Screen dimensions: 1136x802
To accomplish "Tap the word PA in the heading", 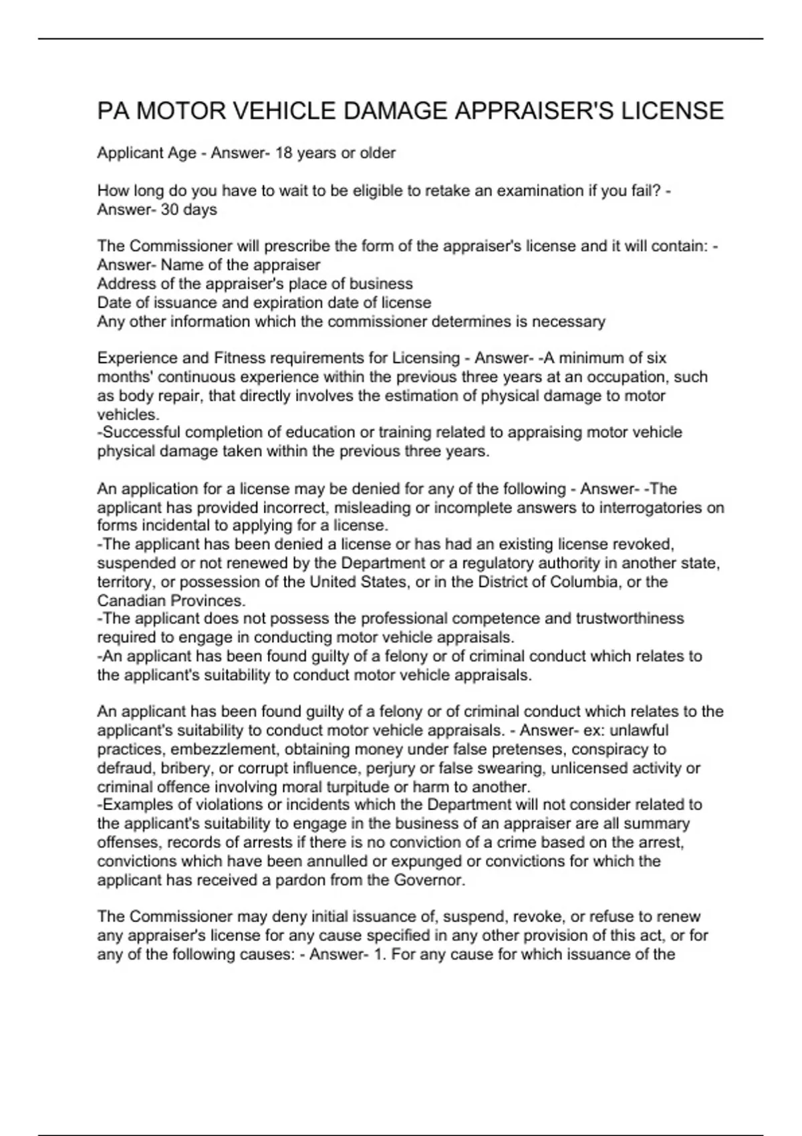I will tap(113, 111).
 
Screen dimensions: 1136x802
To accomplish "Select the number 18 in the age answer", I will tap(283, 153).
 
